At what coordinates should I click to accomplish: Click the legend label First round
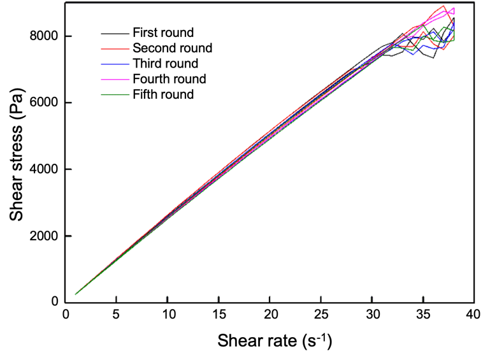click(162, 32)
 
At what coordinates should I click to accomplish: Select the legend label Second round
click(172, 48)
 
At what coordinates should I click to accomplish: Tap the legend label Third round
click(165, 64)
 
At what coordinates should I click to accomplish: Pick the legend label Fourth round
click(169, 79)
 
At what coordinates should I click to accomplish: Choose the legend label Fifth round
click(163, 95)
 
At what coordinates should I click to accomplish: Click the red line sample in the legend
click(114, 48)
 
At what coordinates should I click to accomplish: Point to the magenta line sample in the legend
click(114, 79)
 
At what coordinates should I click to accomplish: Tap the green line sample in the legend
click(114, 95)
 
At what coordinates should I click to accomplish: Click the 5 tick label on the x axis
click(116, 315)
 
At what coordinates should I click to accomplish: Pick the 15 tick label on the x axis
click(218, 315)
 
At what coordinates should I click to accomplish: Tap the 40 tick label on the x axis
click(473, 315)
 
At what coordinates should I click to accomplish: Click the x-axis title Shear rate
click(275, 340)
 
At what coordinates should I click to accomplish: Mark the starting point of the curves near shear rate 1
click(76, 294)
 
